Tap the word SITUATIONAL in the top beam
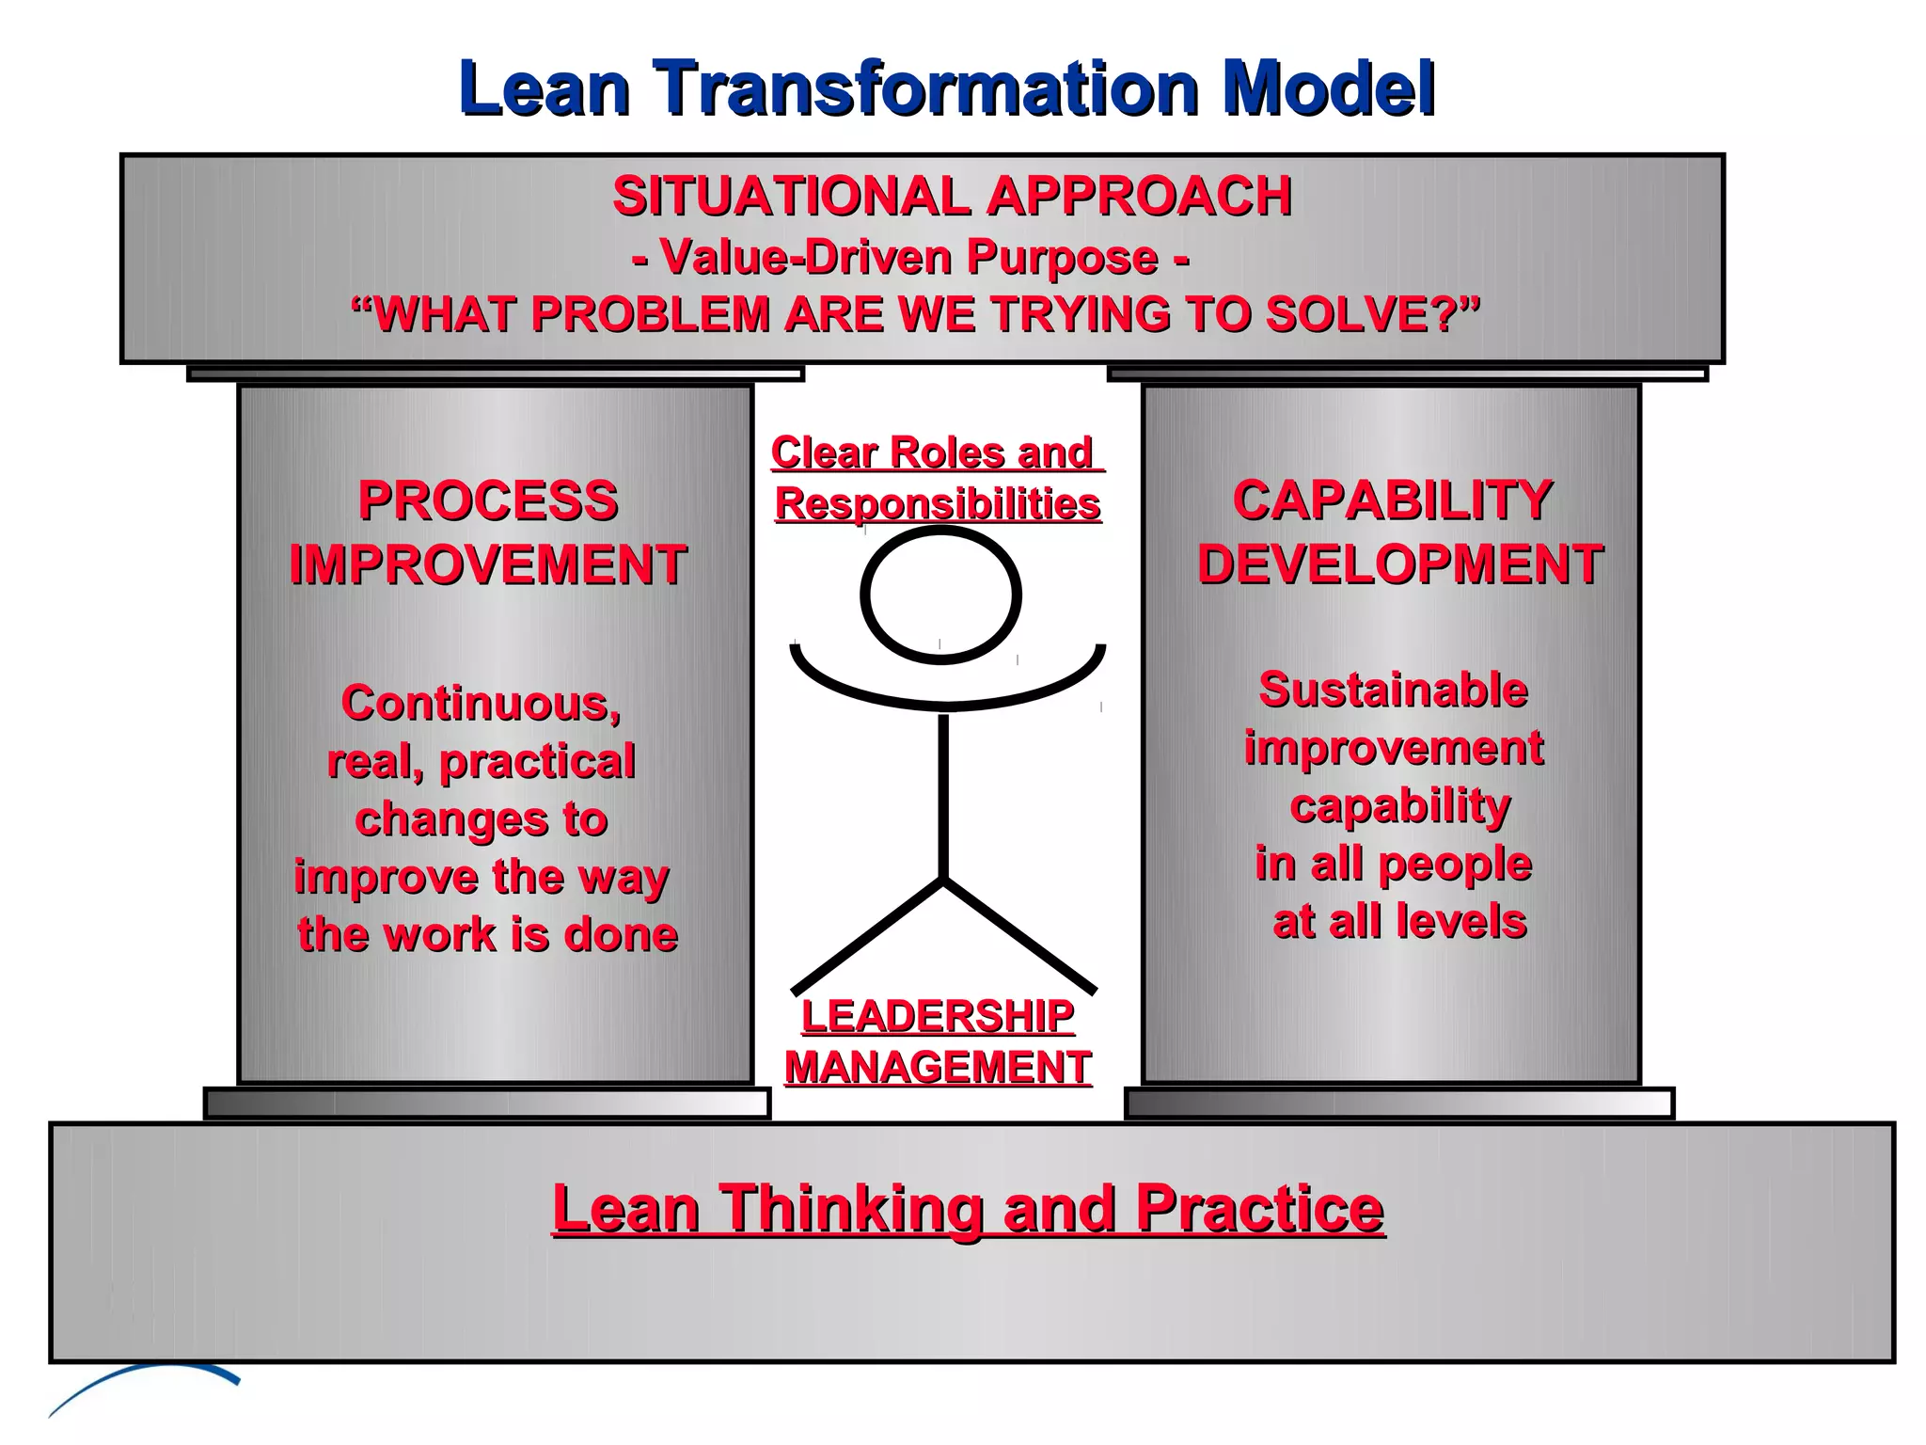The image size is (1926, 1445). pyautogui.click(x=791, y=197)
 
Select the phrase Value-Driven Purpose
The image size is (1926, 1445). pyautogui.click(x=908, y=257)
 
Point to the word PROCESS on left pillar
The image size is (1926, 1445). pyautogui.click(x=487, y=500)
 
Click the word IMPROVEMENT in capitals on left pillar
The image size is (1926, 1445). pyautogui.click(x=487, y=565)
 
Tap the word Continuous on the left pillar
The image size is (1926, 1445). pyautogui.click(x=481, y=704)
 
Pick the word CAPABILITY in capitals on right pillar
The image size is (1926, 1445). pyautogui.click(x=1392, y=500)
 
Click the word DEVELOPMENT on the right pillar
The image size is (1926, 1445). pyautogui.click(x=1399, y=564)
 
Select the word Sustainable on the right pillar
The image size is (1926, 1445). pyautogui.click(x=1393, y=691)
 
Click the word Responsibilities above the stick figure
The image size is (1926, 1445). pyautogui.click(x=938, y=505)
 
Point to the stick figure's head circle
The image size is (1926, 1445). pyautogui.click(x=940, y=595)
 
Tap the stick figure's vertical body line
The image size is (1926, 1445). pyautogui.click(x=943, y=795)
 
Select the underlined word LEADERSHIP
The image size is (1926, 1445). pyautogui.click(x=938, y=1017)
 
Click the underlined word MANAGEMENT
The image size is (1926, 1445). pyautogui.click(x=938, y=1069)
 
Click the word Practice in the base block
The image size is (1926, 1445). pyautogui.click(x=1259, y=1209)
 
